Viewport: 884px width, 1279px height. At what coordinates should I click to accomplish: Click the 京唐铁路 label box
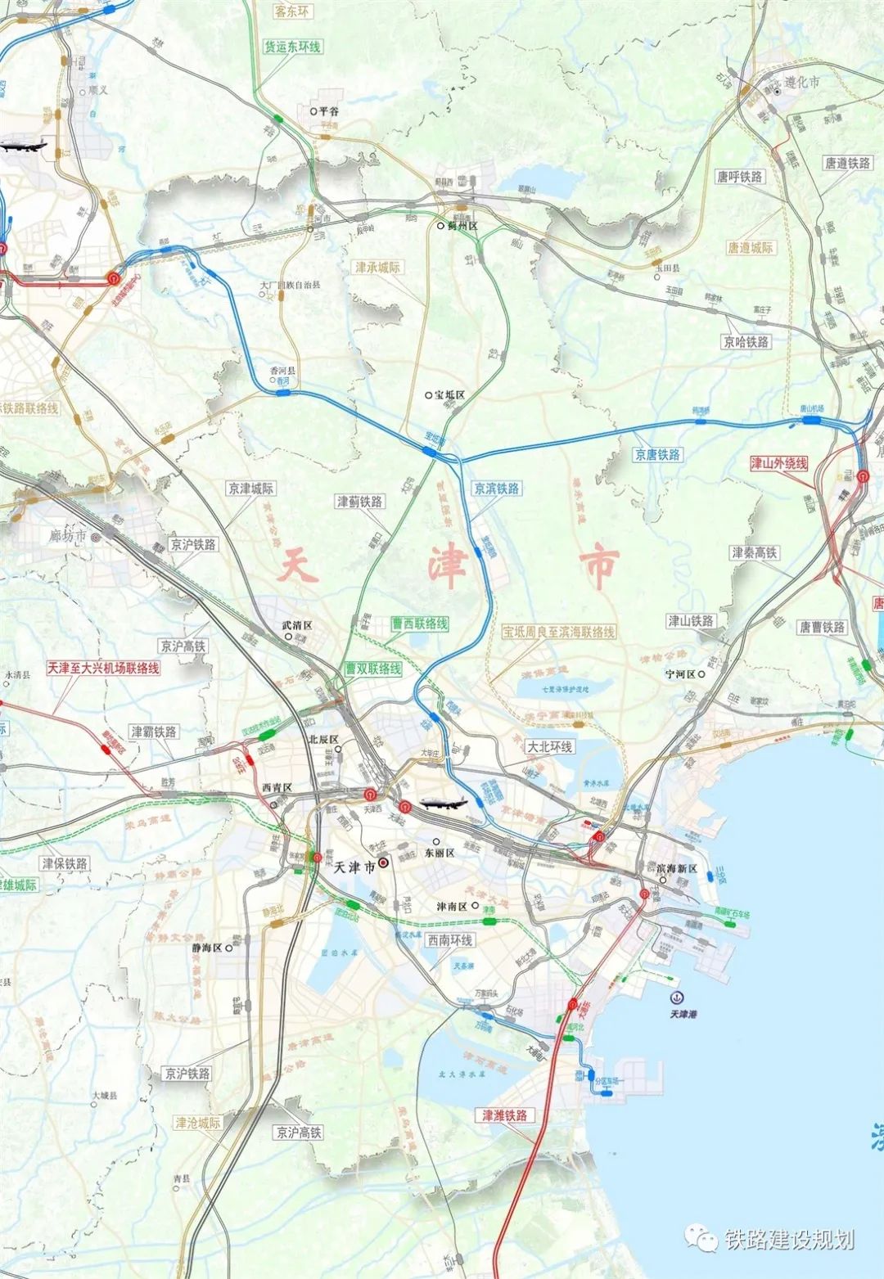pyautogui.click(x=657, y=455)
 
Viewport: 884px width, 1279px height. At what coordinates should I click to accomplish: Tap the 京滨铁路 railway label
pyautogui.click(x=496, y=489)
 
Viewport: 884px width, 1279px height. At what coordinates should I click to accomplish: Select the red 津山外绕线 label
pyautogui.click(x=778, y=463)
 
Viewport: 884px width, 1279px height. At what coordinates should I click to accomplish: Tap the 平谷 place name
pyautogui.click(x=327, y=110)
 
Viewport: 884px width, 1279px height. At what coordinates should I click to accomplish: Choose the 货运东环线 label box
pyautogui.click(x=292, y=47)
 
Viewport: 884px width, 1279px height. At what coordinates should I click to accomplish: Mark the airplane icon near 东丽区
pyautogui.click(x=443, y=803)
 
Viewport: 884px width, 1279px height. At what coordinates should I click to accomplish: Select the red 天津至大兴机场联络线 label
pyautogui.click(x=103, y=668)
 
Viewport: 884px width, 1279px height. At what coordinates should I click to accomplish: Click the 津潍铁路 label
pyautogui.click(x=504, y=1115)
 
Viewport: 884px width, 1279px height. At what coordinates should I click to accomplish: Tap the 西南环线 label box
pyautogui.click(x=449, y=941)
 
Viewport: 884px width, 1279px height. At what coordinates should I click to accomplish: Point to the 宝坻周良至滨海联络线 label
pyautogui.click(x=558, y=632)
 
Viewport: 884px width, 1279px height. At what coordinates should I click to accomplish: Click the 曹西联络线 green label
pyautogui.click(x=419, y=624)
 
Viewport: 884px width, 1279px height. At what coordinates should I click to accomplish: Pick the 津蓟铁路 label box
pyautogui.click(x=359, y=502)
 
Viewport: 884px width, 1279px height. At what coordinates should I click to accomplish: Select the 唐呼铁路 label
pyautogui.click(x=739, y=177)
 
